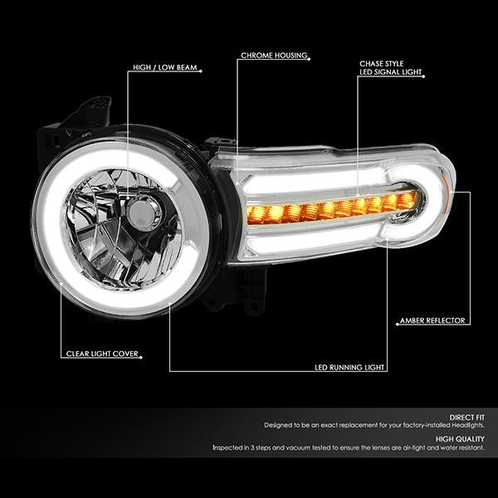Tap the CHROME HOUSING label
[x=273, y=56]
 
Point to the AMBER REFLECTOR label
[x=434, y=320]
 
